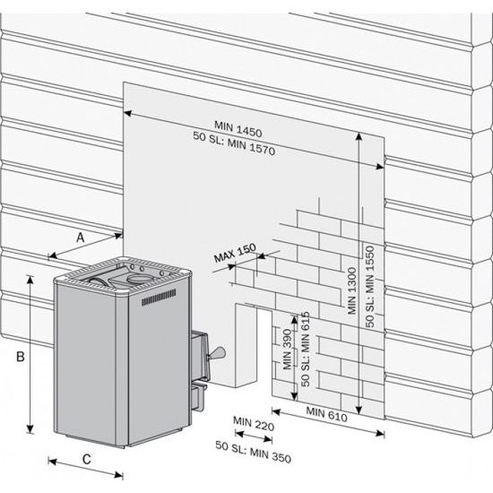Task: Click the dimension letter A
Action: (x=81, y=238)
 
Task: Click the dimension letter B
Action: (x=21, y=357)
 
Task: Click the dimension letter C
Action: (x=87, y=459)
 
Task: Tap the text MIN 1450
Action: (x=238, y=129)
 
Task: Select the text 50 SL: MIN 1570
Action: (x=234, y=143)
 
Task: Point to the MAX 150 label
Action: (x=235, y=253)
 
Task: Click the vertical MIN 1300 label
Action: (x=352, y=290)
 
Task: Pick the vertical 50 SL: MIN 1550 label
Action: (x=369, y=287)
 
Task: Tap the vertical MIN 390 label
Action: (x=287, y=350)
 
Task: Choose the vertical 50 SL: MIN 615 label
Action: (x=305, y=349)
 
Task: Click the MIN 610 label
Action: (x=326, y=414)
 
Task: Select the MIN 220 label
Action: (x=254, y=423)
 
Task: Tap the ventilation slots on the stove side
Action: (x=159, y=297)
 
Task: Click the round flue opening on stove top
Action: (x=137, y=278)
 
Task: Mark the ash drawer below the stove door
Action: (x=198, y=397)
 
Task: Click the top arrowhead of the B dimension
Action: (x=30, y=280)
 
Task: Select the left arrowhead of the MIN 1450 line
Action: (x=127, y=113)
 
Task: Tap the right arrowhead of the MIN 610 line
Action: (x=380, y=434)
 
